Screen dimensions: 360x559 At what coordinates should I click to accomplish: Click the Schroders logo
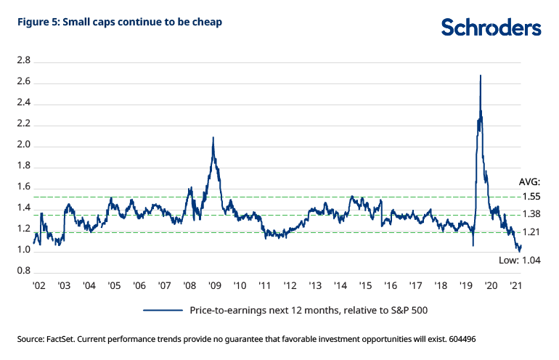[x=491, y=28]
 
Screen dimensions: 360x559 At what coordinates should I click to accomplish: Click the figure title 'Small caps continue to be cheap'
[x=119, y=22]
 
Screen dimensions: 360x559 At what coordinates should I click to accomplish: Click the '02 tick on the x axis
[x=39, y=286]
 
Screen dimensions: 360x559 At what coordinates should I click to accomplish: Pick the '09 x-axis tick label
[x=214, y=286]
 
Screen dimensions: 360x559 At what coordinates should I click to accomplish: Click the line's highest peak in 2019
[x=481, y=75]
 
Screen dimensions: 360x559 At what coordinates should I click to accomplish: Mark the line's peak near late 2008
[x=213, y=137]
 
